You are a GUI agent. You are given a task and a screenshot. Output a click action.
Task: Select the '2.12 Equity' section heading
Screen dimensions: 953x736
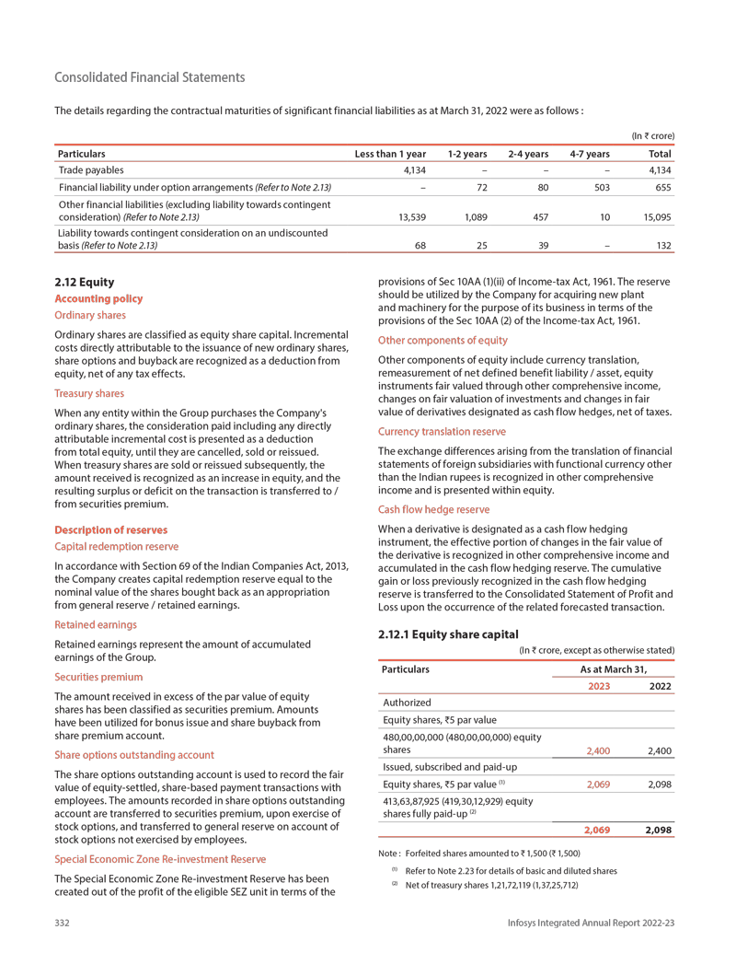tap(85, 282)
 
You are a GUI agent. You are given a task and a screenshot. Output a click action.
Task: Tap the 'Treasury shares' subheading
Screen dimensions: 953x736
tap(89, 393)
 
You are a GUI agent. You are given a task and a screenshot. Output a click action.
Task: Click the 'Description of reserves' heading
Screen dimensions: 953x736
tap(112, 530)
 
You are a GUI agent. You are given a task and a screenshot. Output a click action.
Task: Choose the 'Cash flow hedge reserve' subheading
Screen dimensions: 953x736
tap(434, 509)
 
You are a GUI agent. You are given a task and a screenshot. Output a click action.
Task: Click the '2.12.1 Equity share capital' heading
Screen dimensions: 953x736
tap(449, 633)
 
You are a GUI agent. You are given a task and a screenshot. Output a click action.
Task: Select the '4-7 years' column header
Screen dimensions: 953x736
tap(590, 154)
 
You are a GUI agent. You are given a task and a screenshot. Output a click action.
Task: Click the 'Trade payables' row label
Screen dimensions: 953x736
tap(91, 170)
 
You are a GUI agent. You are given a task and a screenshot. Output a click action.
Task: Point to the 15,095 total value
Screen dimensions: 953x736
tap(655, 218)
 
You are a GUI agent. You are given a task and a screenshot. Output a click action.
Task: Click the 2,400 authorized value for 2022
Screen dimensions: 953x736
tap(659, 750)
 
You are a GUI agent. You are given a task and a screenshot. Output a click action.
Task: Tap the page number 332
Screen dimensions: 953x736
tap(63, 923)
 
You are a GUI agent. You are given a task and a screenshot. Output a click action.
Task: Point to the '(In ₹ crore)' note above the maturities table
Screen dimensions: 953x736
tap(652, 136)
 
